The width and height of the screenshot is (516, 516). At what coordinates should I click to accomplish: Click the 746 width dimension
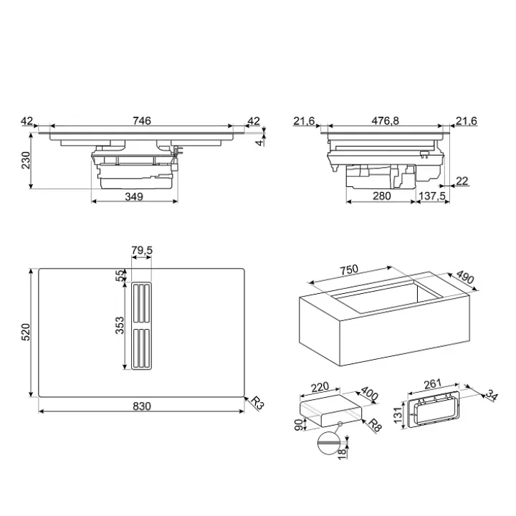pyautogui.click(x=142, y=121)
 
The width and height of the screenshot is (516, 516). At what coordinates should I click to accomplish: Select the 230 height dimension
pyautogui.click(x=26, y=161)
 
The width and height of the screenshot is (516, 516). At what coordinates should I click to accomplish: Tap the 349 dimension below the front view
pyautogui.click(x=134, y=196)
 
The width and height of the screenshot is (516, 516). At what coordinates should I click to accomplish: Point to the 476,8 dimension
pyautogui.click(x=385, y=121)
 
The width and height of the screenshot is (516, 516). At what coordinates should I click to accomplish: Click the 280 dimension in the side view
pyautogui.click(x=382, y=196)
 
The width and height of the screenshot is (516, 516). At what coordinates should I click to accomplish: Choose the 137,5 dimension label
pyautogui.click(x=432, y=196)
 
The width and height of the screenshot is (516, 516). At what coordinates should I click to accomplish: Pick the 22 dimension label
pyautogui.click(x=462, y=181)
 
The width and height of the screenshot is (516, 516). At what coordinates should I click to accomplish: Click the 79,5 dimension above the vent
pyautogui.click(x=142, y=250)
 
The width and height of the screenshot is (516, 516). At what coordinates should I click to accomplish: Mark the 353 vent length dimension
pyautogui.click(x=120, y=325)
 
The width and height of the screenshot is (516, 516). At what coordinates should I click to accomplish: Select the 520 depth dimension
pyautogui.click(x=26, y=333)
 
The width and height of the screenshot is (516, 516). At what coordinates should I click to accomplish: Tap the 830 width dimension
pyautogui.click(x=142, y=406)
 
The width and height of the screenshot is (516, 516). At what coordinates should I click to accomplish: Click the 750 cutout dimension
pyautogui.click(x=349, y=270)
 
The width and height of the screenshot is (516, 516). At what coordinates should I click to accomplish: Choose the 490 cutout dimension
pyautogui.click(x=465, y=277)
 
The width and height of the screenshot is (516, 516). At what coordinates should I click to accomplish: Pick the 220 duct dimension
pyautogui.click(x=320, y=387)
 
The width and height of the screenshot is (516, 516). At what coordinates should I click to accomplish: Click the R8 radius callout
pyautogui.click(x=375, y=425)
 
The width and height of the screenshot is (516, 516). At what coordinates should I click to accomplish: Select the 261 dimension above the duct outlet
pyautogui.click(x=432, y=383)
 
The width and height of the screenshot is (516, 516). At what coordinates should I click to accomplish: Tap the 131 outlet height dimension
pyautogui.click(x=398, y=415)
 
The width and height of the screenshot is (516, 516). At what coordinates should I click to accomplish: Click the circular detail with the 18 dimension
pyautogui.click(x=328, y=444)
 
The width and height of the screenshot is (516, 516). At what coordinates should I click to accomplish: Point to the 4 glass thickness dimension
pyautogui.click(x=260, y=143)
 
